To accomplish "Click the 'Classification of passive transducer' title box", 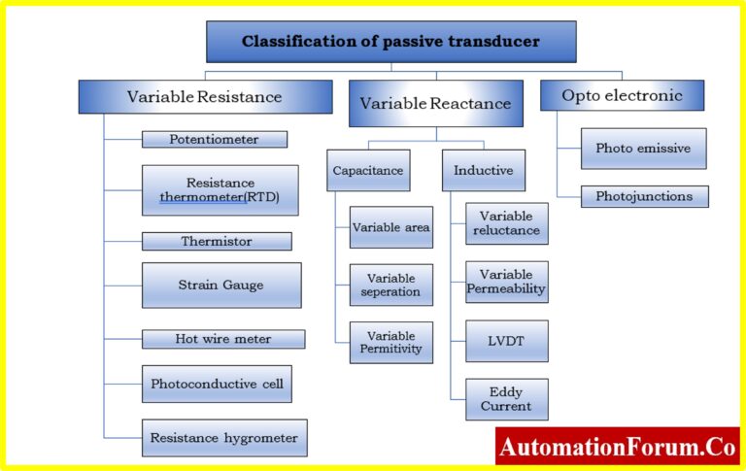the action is point(391,42).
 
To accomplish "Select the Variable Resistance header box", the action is point(206,96).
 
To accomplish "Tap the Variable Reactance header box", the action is point(436,103).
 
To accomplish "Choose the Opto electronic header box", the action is point(622,95).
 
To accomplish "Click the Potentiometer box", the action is point(215,140).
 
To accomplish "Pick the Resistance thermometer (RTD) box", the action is point(220,190).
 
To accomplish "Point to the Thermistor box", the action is point(217,241).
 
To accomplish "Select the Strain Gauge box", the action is point(221,285).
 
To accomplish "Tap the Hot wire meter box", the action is point(223,339).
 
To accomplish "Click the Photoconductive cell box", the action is point(217,384).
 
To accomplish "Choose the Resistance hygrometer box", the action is point(224,438).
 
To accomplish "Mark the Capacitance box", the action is point(368,170).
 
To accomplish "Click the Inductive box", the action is point(484,170).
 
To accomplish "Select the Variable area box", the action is point(391,227).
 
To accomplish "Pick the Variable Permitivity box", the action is point(391,343).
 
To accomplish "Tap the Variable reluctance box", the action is point(507,223).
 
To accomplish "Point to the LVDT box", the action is point(507,341).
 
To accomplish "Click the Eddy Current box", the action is point(507,399).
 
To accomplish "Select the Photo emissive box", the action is point(644,149).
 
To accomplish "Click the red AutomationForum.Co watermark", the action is point(618,447).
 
